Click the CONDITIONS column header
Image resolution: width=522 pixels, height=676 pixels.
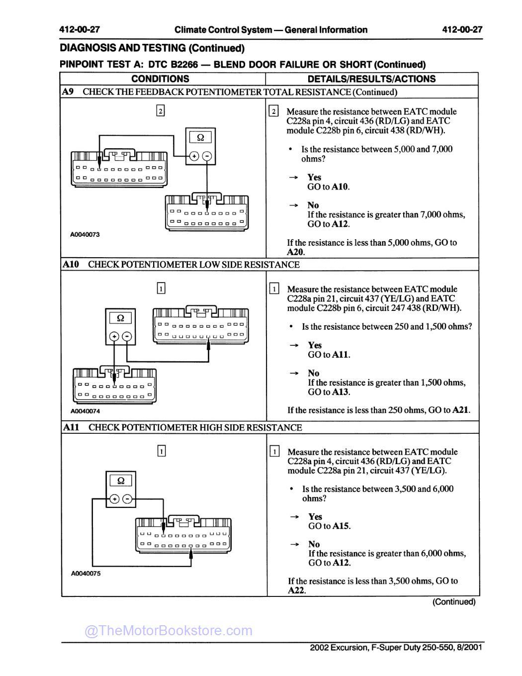[x=160, y=79]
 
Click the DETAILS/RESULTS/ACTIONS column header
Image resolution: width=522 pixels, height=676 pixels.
[x=371, y=79]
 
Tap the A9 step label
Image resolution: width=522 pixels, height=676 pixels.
[x=68, y=92]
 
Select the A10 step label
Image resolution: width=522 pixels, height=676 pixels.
[x=71, y=264]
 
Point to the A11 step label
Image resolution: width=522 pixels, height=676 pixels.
[x=71, y=427]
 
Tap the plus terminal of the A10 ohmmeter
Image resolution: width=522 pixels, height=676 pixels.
[x=114, y=337]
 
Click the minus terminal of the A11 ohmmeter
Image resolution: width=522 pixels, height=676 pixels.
[x=128, y=499]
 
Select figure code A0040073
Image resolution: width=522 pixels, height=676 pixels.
[x=85, y=234]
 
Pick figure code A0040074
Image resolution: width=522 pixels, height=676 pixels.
[x=85, y=411]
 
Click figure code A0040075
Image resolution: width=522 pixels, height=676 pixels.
[x=86, y=573]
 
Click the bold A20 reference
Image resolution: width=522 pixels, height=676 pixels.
[x=296, y=252]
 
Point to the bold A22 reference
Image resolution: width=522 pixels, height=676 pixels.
[x=296, y=590]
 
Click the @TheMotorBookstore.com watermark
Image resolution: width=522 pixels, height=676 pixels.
[x=169, y=631]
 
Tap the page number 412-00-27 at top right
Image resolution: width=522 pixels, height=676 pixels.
[x=462, y=29]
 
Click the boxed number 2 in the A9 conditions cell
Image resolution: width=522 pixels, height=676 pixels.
[x=160, y=111]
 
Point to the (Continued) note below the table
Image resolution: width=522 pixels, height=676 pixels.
[x=453, y=602]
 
